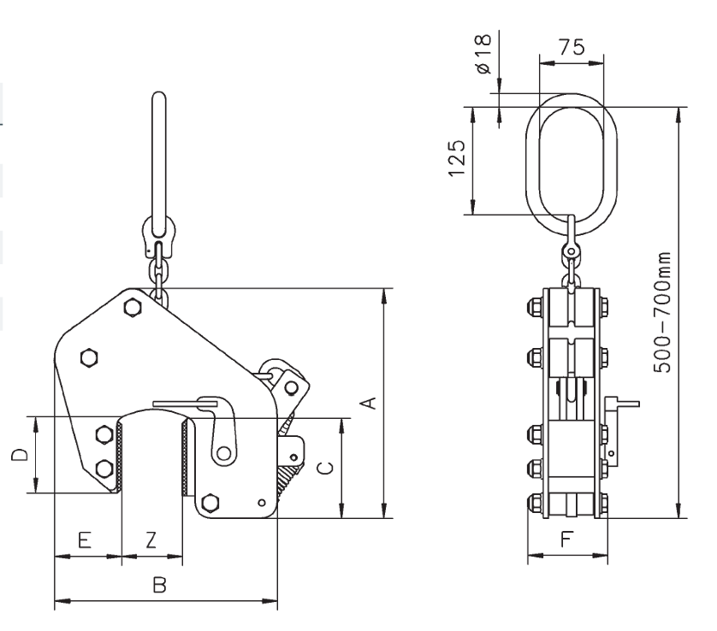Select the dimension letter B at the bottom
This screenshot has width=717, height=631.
pyautogui.click(x=158, y=585)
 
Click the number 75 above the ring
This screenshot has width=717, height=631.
pyautogui.click(x=571, y=47)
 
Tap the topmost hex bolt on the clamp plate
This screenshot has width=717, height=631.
pyautogui.click(x=133, y=307)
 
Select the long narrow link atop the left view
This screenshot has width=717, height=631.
pyautogui.click(x=158, y=162)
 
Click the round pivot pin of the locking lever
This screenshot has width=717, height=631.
pyautogui.click(x=225, y=452)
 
